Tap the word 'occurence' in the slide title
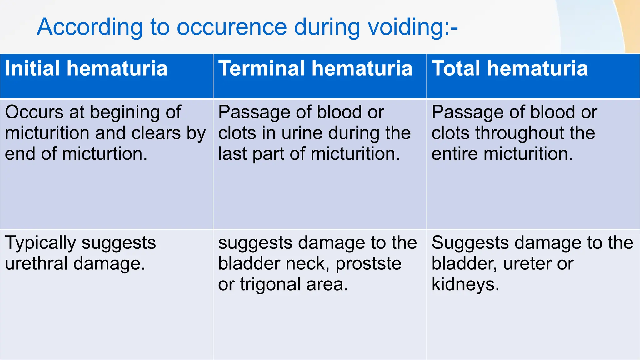[x=232, y=27]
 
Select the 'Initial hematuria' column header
[x=86, y=68]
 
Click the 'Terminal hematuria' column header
[x=315, y=68]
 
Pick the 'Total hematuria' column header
[x=510, y=68]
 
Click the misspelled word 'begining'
[x=125, y=112]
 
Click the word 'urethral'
[x=36, y=263]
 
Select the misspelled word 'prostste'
[x=368, y=263]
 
